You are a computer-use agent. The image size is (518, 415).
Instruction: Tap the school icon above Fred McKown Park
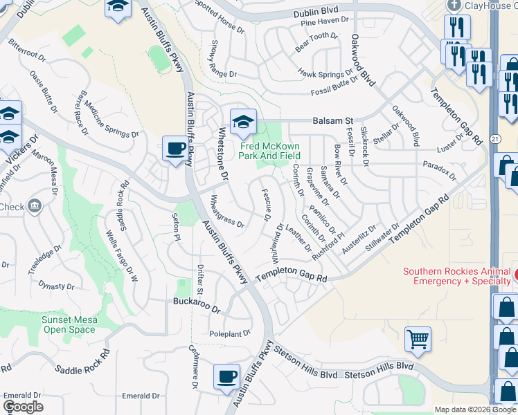click(243, 122)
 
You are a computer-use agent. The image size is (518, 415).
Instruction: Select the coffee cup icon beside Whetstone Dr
click(175, 148)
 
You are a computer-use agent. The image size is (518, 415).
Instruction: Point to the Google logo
click(23, 407)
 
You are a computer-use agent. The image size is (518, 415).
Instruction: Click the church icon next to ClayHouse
click(454, 5)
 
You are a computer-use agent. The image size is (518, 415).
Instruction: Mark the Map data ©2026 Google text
click(475, 409)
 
